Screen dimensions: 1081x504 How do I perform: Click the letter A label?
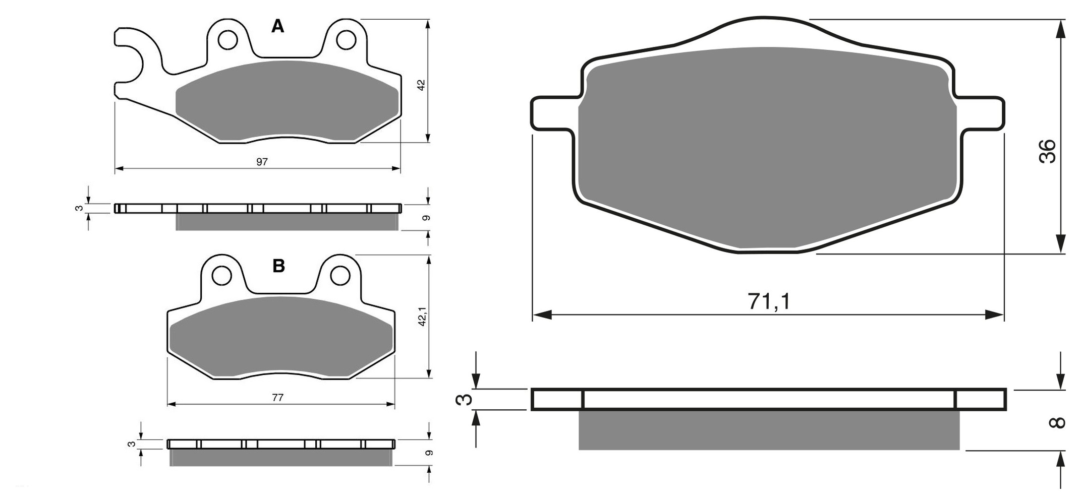(x=277, y=26)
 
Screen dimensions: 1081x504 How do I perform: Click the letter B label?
(x=278, y=266)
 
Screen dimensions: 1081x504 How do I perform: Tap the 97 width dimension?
(x=262, y=162)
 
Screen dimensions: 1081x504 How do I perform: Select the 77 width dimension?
(x=277, y=398)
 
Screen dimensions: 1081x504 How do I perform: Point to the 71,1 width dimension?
(x=769, y=301)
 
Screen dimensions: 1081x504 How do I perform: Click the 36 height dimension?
(x=1047, y=151)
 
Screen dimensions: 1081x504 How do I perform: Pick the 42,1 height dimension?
(x=423, y=316)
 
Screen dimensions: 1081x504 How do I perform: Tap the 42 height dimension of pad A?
(x=421, y=85)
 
